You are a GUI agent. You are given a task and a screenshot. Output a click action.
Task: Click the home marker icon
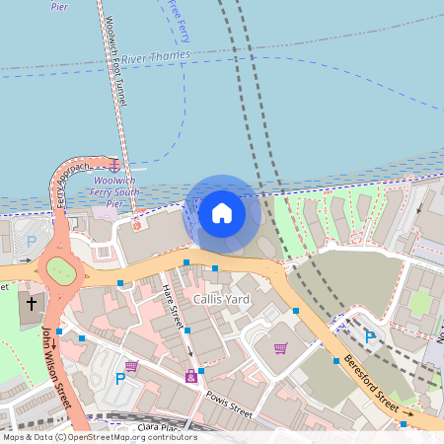click(x=222, y=212)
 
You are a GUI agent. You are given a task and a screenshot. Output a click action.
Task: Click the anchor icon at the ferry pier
click(x=114, y=166)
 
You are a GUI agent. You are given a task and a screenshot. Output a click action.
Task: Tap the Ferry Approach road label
click(x=72, y=184)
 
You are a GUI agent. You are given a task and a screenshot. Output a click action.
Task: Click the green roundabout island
click(x=60, y=269)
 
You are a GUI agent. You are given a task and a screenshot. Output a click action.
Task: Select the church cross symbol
click(x=31, y=303)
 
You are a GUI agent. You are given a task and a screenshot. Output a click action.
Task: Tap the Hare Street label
click(x=174, y=304)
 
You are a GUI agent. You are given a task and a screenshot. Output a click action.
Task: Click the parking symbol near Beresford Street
click(x=370, y=336)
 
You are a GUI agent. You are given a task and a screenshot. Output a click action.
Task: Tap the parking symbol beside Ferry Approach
click(x=31, y=242)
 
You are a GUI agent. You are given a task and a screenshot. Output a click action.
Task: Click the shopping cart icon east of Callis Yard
click(x=281, y=347)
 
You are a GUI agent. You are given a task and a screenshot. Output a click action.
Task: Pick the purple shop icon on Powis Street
click(x=191, y=376)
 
